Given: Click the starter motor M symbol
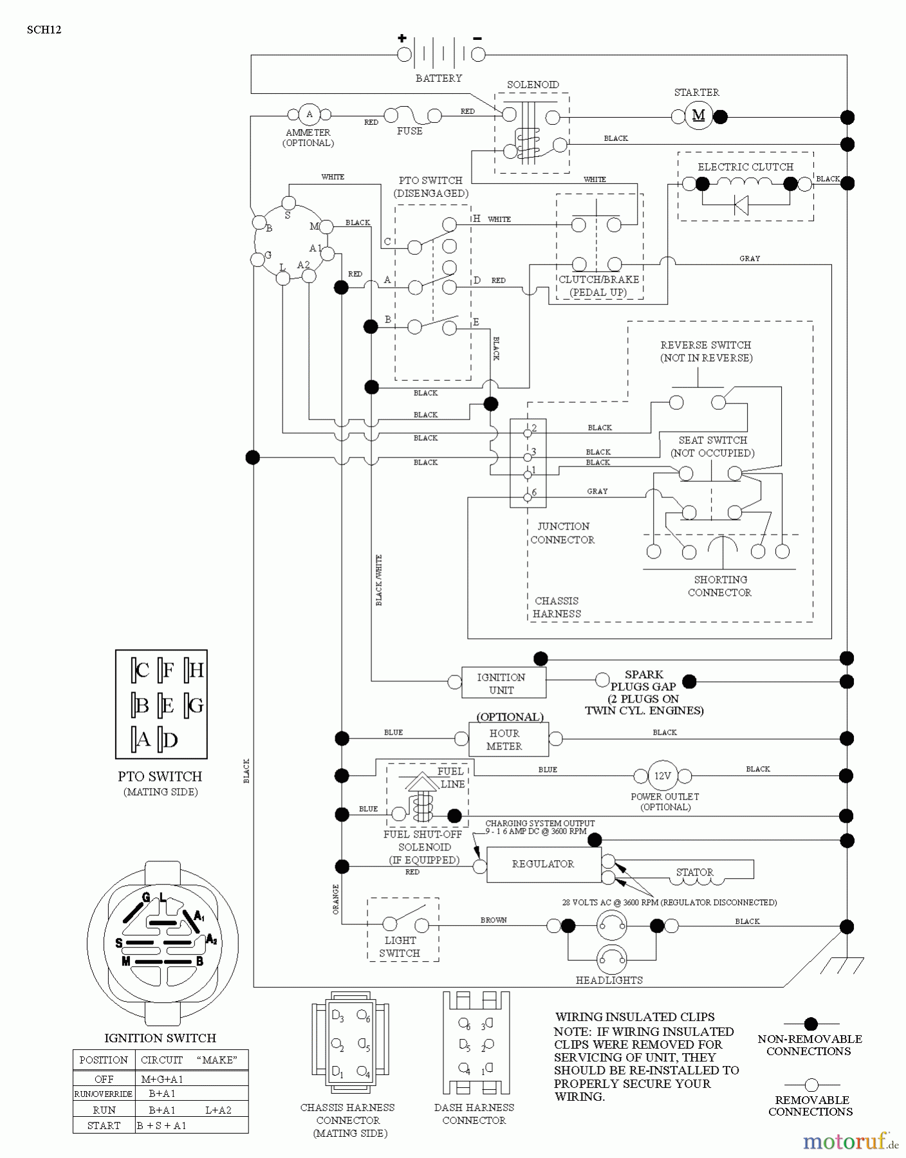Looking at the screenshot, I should tap(698, 116).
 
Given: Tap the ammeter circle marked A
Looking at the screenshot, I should tap(309, 115).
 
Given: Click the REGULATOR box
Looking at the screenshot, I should tap(543, 864).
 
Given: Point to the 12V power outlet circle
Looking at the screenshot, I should tap(662, 776).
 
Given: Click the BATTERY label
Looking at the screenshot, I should tap(439, 78).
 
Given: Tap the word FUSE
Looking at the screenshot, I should tap(410, 131).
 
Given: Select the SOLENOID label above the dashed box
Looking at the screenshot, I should tap(533, 85).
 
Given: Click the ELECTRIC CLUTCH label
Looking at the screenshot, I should tap(745, 167).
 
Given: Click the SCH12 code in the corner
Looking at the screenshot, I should tap(44, 30).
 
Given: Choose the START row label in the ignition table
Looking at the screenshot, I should tap(104, 1125).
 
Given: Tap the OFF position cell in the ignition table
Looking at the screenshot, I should tap(104, 1079).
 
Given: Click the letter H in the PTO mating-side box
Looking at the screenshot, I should tap(196, 670).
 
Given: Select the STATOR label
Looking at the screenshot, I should tap(694, 872).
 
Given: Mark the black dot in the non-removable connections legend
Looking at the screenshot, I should tap(811, 1024).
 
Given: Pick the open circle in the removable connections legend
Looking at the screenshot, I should tap(811, 1085).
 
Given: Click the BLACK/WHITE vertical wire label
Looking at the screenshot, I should tap(379, 580).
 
